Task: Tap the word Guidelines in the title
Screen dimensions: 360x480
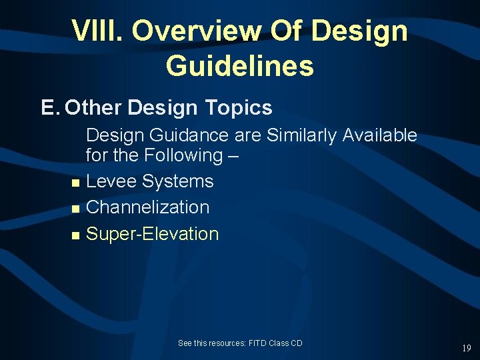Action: [x=239, y=65]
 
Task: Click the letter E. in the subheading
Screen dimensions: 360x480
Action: [x=50, y=107]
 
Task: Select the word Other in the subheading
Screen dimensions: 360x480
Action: [x=94, y=107]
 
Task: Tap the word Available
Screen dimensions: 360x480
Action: [x=380, y=135]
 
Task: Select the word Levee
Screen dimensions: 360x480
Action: [x=111, y=181]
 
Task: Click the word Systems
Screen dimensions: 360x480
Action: [x=177, y=181]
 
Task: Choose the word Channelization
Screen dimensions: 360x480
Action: [x=148, y=207]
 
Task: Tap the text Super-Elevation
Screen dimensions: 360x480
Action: [x=153, y=234]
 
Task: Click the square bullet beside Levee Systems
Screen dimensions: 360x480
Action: [x=75, y=183]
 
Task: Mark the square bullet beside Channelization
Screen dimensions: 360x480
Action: [x=75, y=209]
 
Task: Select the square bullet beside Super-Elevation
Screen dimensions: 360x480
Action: [x=75, y=235]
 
